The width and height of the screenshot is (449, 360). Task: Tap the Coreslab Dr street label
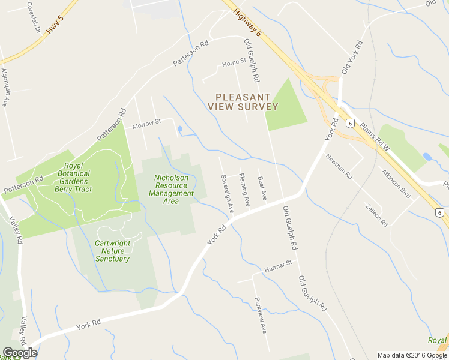click(x=34, y=17)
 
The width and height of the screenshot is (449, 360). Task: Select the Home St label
click(x=234, y=62)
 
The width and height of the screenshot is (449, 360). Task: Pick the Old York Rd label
click(x=352, y=58)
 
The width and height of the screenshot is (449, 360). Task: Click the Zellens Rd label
click(x=376, y=215)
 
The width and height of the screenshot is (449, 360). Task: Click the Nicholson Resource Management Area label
click(x=172, y=189)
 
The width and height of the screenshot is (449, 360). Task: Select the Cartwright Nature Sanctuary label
click(x=112, y=251)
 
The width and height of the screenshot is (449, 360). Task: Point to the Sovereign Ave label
click(x=227, y=194)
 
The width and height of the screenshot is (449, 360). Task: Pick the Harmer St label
click(x=278, y=263)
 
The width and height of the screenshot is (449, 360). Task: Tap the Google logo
click(x=20, y=353)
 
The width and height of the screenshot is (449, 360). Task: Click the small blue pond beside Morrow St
click(x=179, y=129)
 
